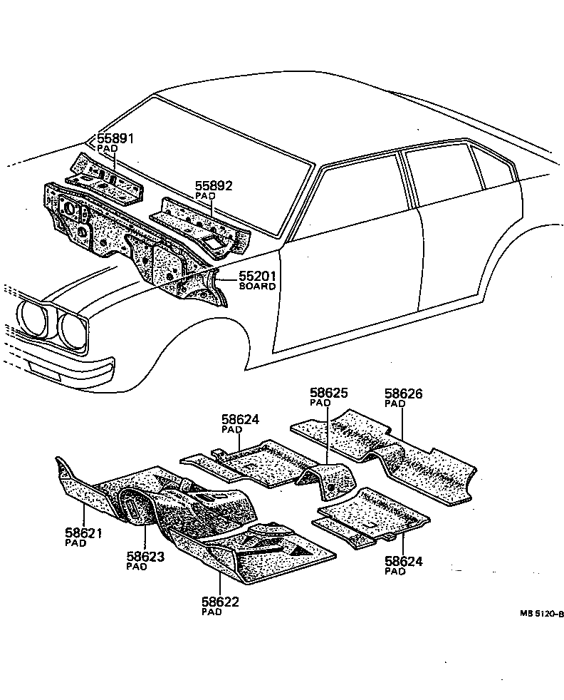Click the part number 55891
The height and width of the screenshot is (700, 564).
115,139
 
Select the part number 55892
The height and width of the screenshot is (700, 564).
214,186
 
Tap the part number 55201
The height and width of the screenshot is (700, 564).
256,277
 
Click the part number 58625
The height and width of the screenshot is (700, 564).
328,393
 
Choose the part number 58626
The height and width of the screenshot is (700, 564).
403,393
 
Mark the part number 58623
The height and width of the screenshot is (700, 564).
145,557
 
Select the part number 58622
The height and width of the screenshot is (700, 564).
220,602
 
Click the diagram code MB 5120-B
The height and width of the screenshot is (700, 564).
541,614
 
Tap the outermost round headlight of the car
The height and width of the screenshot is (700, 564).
33,316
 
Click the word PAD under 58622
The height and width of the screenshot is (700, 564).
211,612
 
